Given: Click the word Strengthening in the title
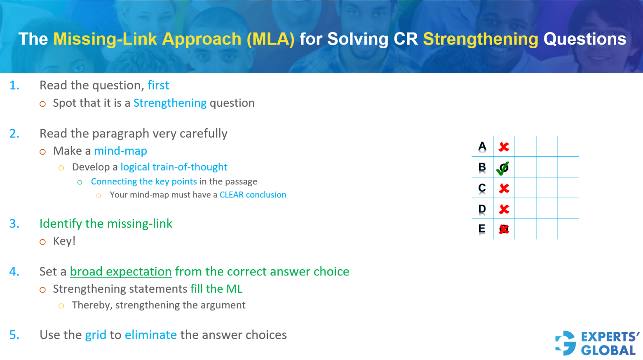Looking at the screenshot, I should point(480,39).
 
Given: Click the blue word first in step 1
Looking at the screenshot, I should point(158,85).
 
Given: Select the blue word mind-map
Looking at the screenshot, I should point(120,151).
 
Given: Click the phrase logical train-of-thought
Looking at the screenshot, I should point(174,167).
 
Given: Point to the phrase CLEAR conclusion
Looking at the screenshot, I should point(253,195).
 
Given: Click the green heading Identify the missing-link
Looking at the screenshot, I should point(106,224).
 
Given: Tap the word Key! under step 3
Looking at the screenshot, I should point(64,241).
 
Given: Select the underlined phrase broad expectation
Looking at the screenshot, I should point(121,272).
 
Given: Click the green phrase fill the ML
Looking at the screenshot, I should point(216,289).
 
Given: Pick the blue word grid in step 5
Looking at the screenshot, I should point(96,335).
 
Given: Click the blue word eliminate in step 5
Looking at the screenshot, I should point(151,335).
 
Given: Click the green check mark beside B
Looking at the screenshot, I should point(503,168).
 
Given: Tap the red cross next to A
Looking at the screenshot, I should point(504,147).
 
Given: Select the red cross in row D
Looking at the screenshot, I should point(504,209).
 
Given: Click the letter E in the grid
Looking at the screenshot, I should point(481,229).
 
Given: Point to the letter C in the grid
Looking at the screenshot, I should point(482,188).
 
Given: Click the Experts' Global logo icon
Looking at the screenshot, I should point(566,343).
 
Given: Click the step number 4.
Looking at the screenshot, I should point(14,272).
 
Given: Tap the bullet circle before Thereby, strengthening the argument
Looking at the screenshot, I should point(61,306).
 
